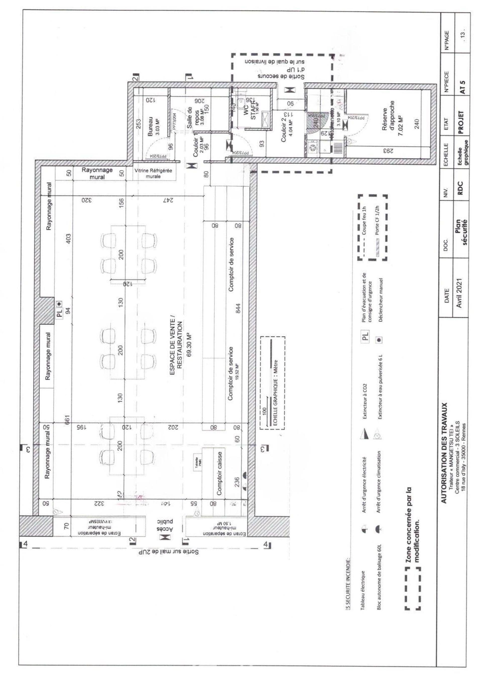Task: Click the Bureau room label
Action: click(x=150, y=126)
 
